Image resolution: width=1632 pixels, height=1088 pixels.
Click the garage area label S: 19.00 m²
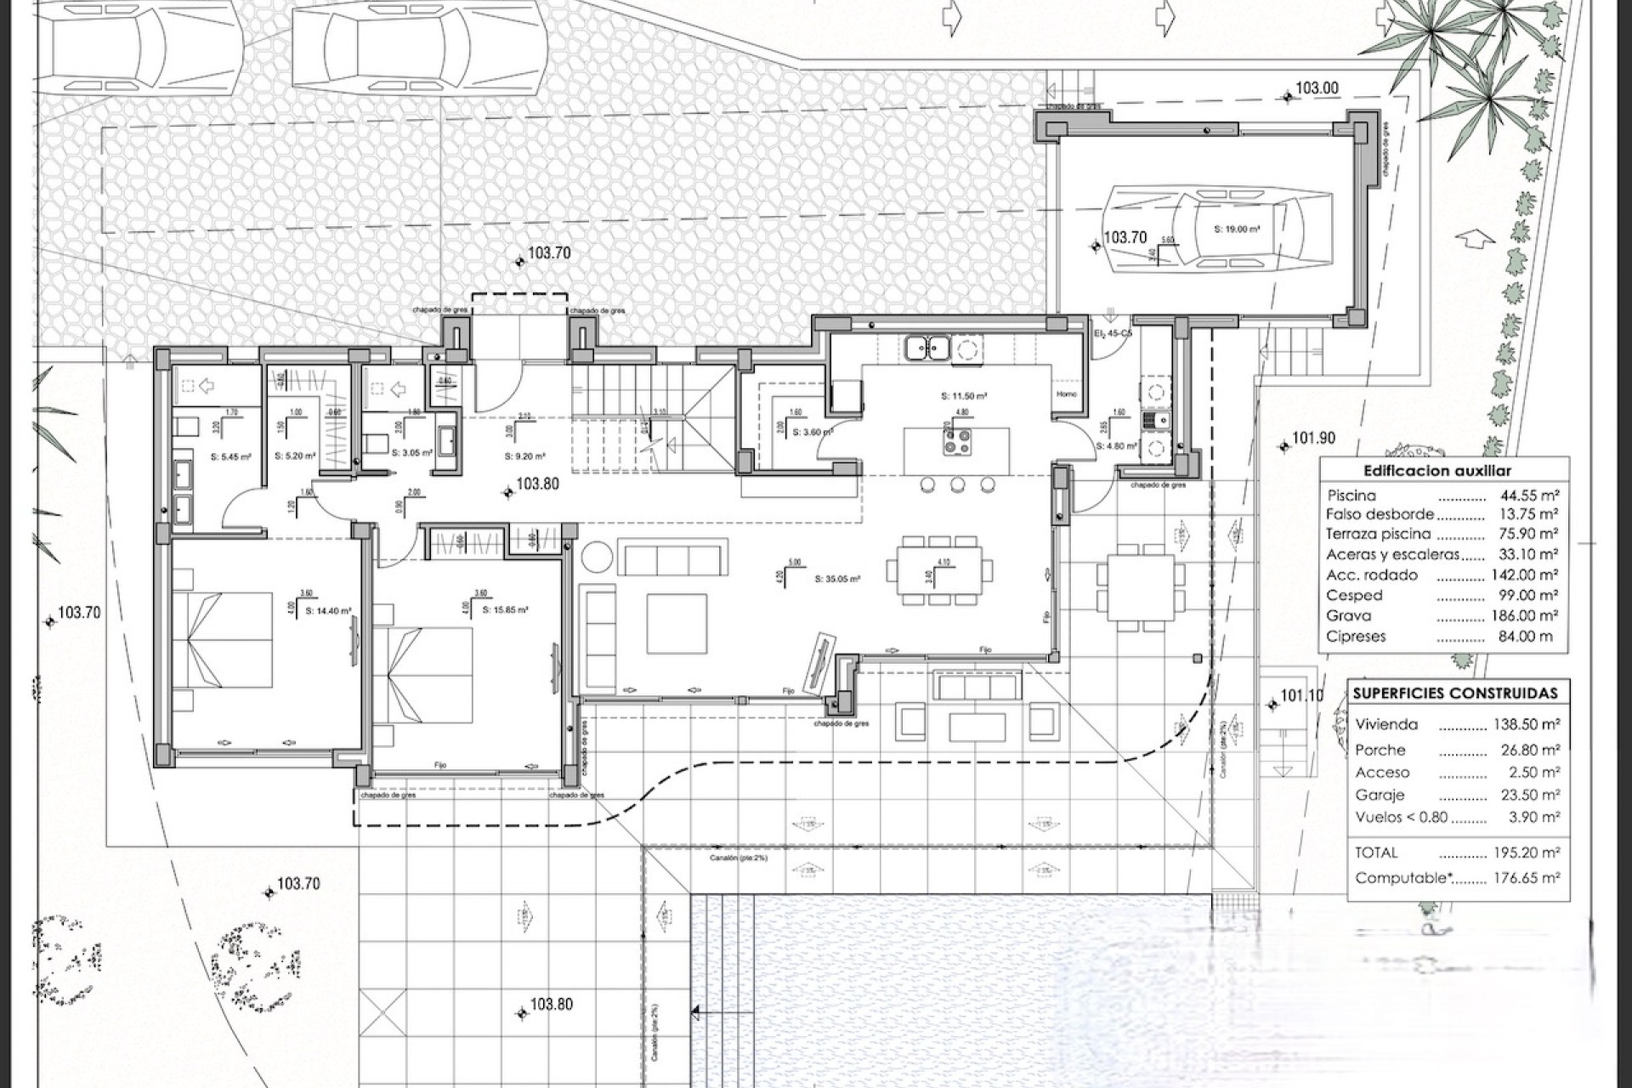click(x=1237, y=229)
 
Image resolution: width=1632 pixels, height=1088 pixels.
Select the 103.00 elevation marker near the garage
click(x=1316, y=88)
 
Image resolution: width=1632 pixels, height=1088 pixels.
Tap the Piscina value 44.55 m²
click(x=1529, y=496)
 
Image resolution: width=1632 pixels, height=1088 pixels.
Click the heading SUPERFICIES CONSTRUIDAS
click(x=1455, y=694)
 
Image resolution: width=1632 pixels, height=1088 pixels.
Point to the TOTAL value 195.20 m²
click(x=1526, y=853)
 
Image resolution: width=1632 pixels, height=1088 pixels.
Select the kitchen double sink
click(x=926, y=348)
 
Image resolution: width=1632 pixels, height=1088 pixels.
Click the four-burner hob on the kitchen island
click(x=957, y=440)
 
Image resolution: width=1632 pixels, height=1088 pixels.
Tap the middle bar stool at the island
click(x=957, y=484)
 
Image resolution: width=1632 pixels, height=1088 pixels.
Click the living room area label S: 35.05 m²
click(x=837, y=579)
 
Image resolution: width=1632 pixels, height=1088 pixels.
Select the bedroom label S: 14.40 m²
click(x=328, y=610)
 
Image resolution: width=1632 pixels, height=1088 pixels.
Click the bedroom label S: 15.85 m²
click(x=505, y=609)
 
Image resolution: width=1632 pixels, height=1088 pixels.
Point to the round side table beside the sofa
click(x=597, y=557)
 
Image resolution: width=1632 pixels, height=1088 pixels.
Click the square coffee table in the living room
click(x=677, y=623)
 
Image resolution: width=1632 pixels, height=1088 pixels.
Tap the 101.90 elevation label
click(x=1313, y=439)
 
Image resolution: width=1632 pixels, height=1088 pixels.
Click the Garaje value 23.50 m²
click(x=1526, y=795)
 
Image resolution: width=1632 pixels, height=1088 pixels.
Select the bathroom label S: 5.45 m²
click(x=230, y=457)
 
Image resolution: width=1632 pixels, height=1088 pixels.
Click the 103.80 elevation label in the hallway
click(x=537, y=484)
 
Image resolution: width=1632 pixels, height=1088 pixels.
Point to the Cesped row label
click(x=1354, y=595)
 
